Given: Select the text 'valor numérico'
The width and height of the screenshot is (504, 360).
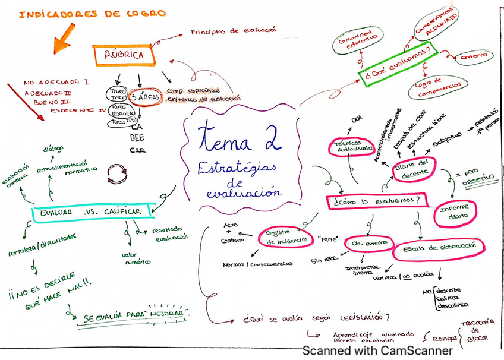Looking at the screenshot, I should (138, 258).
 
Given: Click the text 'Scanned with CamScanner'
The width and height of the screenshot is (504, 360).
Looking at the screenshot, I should (377, 350).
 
